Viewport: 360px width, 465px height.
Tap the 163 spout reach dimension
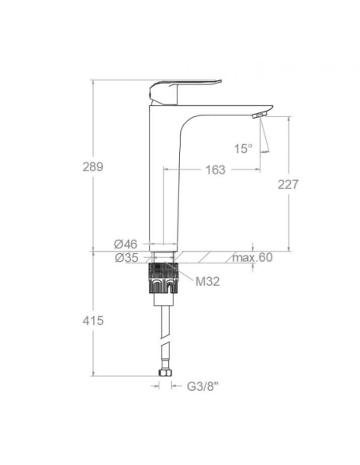tap(214, 170)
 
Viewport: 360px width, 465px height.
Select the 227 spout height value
tap(288, 184)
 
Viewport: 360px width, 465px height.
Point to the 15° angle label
tap(243, 147)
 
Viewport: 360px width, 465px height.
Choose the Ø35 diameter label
tap(126, 257)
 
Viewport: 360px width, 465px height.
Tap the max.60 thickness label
tap(252, 257)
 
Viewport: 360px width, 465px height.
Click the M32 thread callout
tap(208, 280)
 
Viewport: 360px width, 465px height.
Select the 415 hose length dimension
tap(93, 320)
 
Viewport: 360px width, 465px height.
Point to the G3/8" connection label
tap(202, 387)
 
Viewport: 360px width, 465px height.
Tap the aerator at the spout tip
tap(257, 116)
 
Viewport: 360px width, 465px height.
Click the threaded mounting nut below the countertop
tap(162, 280)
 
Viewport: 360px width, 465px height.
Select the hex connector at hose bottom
tap(163, 373)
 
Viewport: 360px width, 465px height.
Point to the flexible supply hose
tap(162, 334)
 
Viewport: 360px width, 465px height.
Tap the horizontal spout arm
tap(231, 107)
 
